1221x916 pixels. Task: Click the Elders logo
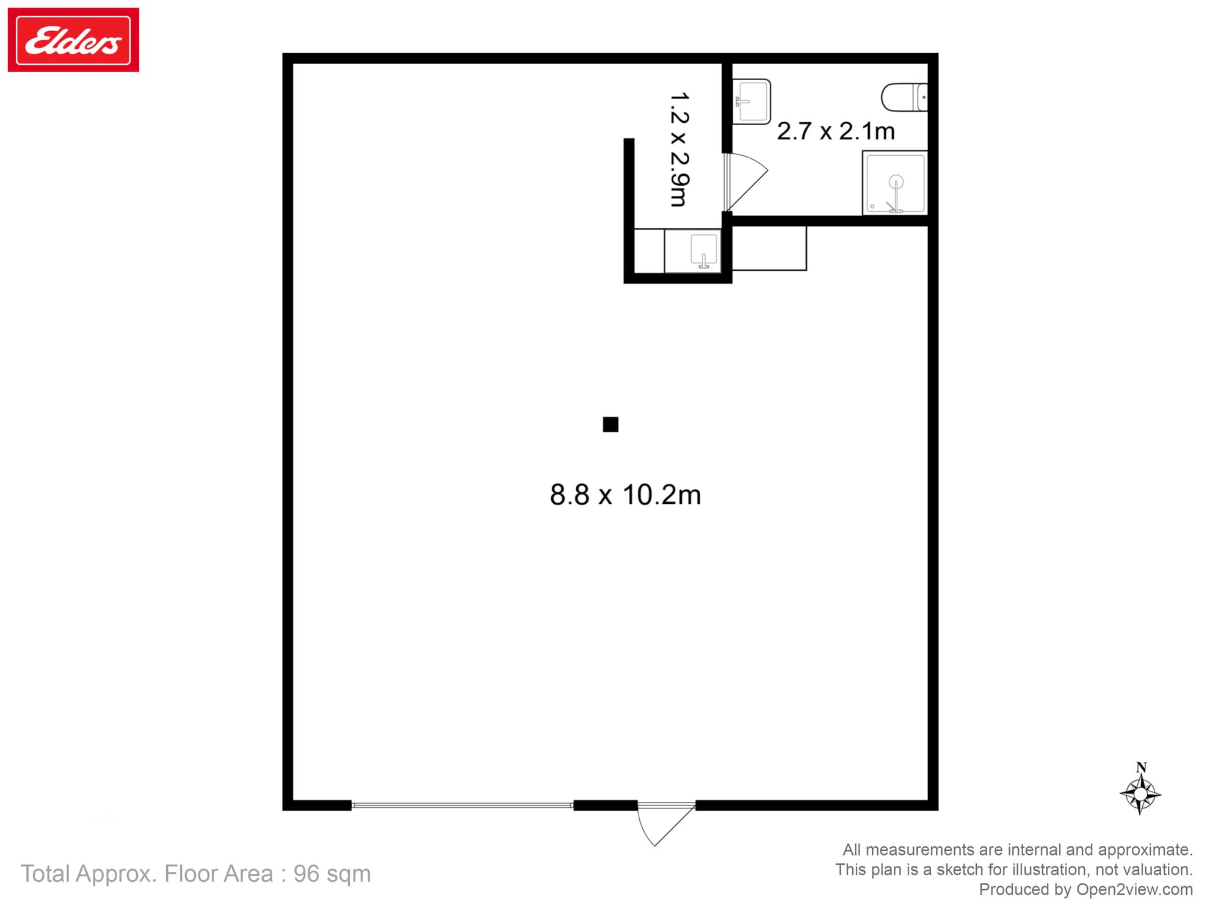[73, 40]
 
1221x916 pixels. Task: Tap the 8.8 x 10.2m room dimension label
[625, 495]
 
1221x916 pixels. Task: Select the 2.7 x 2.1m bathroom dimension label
[836, 131]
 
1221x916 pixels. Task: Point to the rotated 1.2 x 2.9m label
[679, 150]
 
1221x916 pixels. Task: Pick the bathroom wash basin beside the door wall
[752, 101]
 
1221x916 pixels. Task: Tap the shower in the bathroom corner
[895, 183]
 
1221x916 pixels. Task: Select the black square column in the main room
[610, 424]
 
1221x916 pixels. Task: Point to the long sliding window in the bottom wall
[462, 805]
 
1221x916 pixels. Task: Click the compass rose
[1140, 794]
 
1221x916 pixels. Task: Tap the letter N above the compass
[1141, 768]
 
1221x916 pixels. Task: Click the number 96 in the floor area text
[306, 874]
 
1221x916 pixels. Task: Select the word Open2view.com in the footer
[1134, 889]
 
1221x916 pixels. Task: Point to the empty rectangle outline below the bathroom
[769, 249]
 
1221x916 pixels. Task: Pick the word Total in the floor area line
[45, 874]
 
